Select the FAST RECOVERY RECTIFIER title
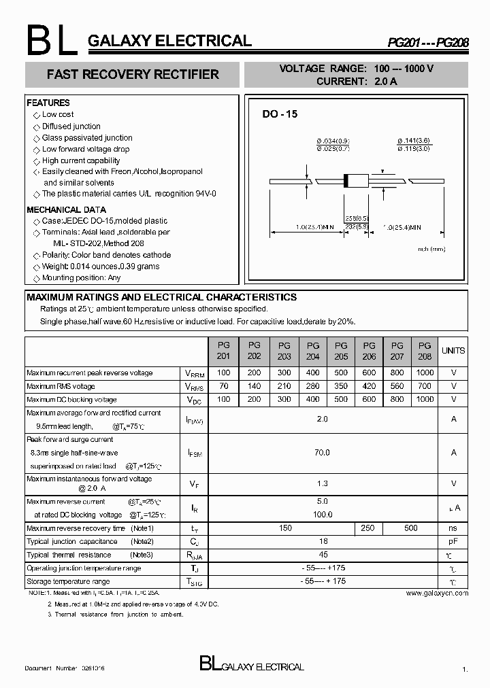[132, 75]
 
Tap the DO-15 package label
[280, 115]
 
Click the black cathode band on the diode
[347, 181]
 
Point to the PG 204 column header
[312, 351]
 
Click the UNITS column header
[453, 351]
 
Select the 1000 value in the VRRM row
[425, 373]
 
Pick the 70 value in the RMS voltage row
[223, 386]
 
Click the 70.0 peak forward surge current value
[322, 452]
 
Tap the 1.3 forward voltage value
[322, 483]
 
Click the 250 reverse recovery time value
[368, 528]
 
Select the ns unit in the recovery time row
[453, 528]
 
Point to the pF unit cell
[453, 542]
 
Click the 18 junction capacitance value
[322, 542]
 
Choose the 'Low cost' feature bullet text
[58, 115]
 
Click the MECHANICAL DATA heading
[66, 209]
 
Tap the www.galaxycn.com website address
[437, 594]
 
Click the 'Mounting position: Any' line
[81, 278]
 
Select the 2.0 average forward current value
[322, 419]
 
